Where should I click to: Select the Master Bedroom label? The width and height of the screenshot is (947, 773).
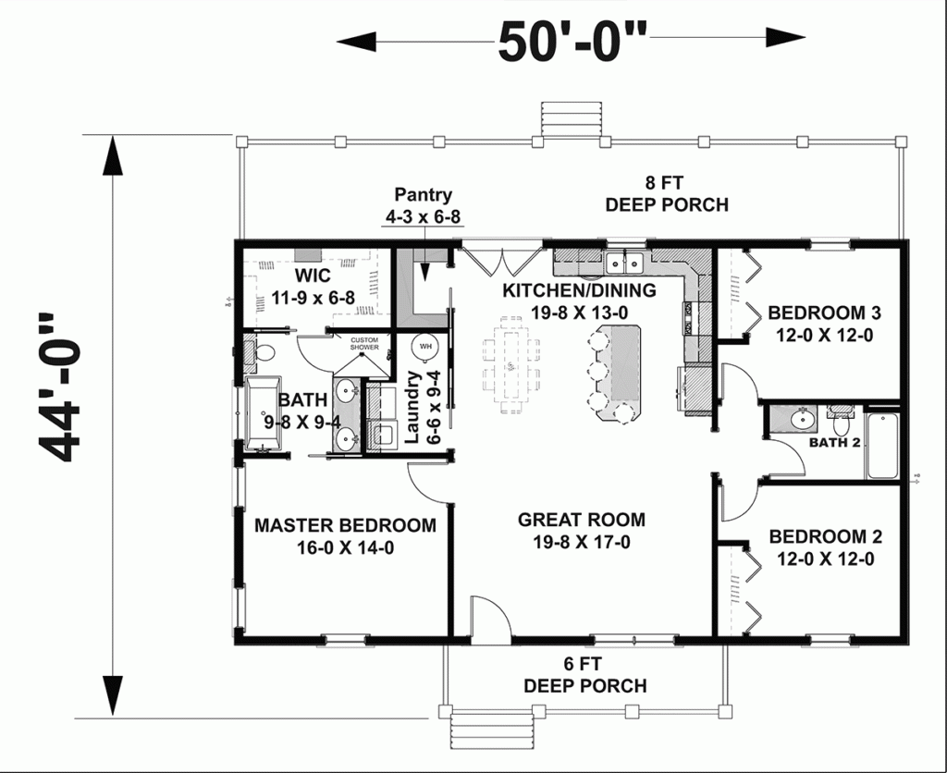click(x=345, y=536)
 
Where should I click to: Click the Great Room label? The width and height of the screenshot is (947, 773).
click(x=581, y=531)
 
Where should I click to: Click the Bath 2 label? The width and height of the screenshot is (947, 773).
click(x=834, y=443)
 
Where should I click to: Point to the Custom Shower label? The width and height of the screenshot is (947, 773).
click(x=364, y=344)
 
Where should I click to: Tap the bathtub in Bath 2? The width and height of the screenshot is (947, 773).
click(x=882, y=446)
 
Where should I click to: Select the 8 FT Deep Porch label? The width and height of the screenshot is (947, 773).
click(x=667, y=193)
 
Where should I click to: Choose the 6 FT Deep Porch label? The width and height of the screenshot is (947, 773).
click(x=584, y=674)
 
